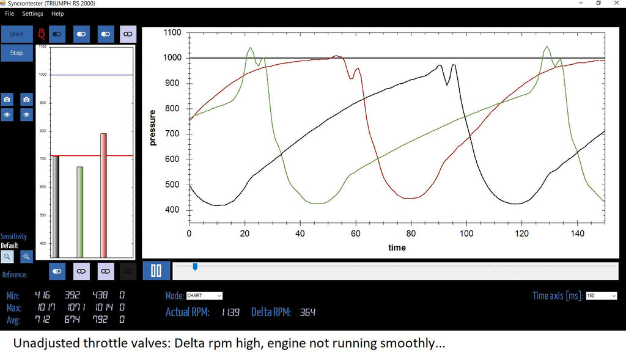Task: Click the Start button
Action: point(17,34)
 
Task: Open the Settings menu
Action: point(32,13)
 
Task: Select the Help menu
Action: point(57,13)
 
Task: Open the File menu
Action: point(9,13)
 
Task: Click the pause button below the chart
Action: point(156,270)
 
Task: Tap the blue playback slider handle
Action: point(195,266)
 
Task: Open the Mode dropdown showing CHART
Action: point(204,296)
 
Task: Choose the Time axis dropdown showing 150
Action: point(601,296)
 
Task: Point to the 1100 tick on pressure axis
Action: point(172,32)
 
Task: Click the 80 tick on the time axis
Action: point(411,233)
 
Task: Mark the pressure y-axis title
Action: point(153,128)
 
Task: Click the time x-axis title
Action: point(397,248)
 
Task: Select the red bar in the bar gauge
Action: point(103,196)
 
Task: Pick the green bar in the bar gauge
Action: point(79,212)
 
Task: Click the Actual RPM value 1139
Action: point(230,312)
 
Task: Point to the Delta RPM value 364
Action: point(307,312)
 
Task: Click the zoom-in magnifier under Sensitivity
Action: point(26,257)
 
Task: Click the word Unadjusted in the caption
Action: point(48,343)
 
